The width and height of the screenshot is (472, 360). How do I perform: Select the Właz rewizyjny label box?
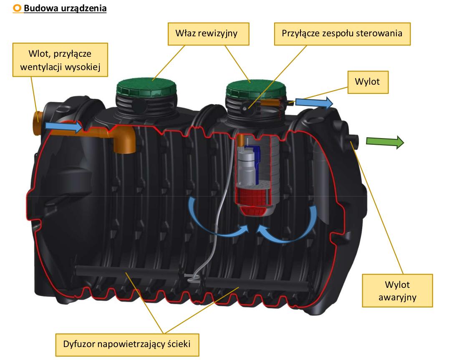point(208,33)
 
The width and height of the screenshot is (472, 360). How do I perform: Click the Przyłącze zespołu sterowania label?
point(342,33)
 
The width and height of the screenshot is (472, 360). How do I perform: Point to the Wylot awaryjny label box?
point(397,291)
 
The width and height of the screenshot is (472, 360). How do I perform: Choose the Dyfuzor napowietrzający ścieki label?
point(127,345)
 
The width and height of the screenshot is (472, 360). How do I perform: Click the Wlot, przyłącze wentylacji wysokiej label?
point(60,60)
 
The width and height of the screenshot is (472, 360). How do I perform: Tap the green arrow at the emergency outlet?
point(384,142)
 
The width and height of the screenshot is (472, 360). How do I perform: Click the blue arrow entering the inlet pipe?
point(63,126)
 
